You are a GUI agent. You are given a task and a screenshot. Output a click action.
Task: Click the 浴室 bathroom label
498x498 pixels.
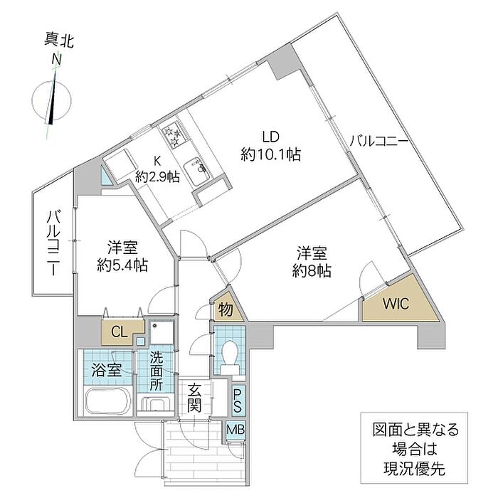point(107,370)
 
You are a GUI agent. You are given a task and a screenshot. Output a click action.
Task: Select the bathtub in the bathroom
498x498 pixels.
point(108,401)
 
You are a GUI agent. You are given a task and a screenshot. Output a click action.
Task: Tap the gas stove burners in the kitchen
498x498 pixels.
point(173,132)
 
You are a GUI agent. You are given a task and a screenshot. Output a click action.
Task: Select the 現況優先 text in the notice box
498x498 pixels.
point(416,470)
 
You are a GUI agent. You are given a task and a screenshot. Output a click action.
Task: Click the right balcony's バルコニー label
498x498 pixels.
point(378,142)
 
